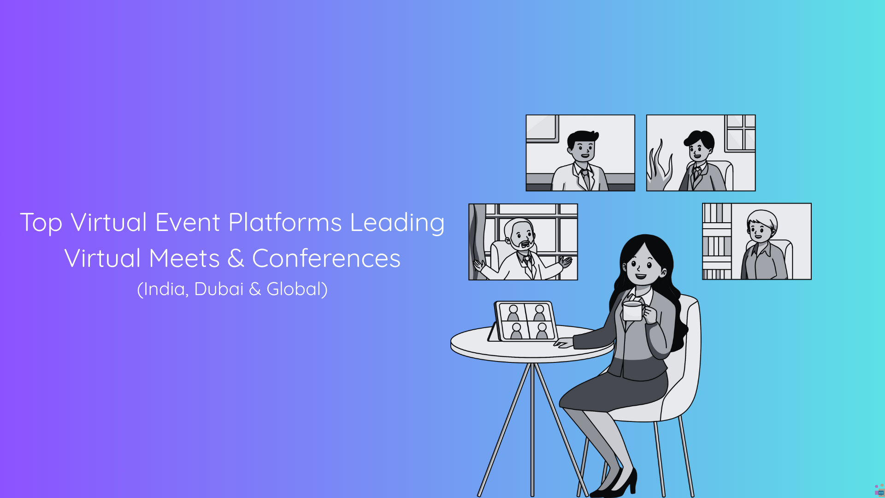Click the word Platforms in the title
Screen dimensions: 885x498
(285, 223)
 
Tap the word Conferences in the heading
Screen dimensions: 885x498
(326, 258)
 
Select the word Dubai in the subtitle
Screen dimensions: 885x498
(218, 289)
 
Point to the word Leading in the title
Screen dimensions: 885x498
(397, 223)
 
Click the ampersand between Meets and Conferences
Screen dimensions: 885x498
(236, 258)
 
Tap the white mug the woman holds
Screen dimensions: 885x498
(633, 310)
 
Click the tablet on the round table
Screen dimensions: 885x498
(524, 322)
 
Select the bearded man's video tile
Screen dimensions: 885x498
(523, 242)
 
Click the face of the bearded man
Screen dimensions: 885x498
(521, 235)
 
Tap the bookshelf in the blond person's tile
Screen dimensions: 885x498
(717, 242)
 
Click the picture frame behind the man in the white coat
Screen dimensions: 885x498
(543, 128)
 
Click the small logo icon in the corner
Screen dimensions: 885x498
(879, 490)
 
